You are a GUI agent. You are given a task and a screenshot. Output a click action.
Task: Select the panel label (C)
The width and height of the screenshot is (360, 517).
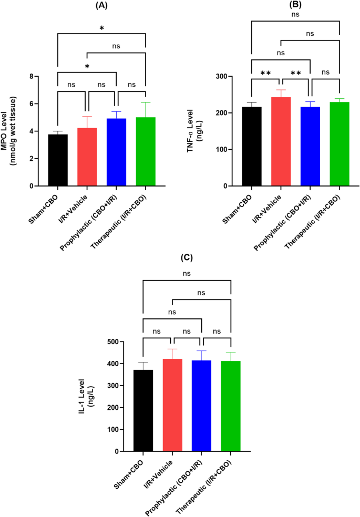[x=187, y=258]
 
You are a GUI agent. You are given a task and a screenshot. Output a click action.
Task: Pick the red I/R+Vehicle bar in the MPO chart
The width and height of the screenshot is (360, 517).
[x=87, y=157]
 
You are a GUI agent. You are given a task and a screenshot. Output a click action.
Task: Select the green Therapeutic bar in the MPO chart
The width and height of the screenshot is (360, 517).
[x=145, y=152]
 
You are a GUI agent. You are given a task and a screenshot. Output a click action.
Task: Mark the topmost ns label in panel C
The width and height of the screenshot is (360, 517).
[x=187, y=274]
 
